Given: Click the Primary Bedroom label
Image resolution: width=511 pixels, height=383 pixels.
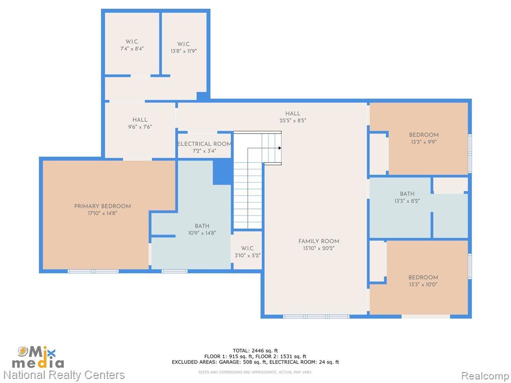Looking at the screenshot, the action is (102, 206).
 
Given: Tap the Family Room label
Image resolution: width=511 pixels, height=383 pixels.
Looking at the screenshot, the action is (319, 241).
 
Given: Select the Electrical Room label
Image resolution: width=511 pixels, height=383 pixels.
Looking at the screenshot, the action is (204, 144).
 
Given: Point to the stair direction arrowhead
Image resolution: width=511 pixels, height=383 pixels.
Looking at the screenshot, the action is (280, 148).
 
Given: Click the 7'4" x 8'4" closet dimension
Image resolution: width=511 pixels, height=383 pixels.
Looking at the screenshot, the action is (132, 49).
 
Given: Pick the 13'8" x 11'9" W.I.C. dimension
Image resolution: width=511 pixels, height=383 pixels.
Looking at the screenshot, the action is (184, 51).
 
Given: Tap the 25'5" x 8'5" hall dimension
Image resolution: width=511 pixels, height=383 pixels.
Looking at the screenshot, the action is (293, 121).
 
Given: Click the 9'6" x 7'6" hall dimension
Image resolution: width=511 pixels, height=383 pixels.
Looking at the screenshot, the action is (140, 127).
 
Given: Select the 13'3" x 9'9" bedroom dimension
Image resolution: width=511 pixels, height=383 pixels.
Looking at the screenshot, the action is (424, 142).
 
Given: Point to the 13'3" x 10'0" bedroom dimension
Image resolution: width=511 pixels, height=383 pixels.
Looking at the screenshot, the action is (423, 284).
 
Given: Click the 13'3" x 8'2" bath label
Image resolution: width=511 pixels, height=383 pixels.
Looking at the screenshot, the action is (407, 197).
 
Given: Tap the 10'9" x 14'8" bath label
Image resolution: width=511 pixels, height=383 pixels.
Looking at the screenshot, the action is (202, 229).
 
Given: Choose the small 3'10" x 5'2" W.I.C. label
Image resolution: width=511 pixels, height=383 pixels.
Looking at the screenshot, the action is (248, 252).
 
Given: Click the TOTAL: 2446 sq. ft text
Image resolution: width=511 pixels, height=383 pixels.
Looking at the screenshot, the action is (255, 351).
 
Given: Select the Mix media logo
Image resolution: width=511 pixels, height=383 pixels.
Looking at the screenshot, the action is (38, 357).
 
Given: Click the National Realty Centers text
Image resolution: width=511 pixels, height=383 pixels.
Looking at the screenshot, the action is (64, 375).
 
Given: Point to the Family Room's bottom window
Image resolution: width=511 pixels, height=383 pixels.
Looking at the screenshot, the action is (316, 317).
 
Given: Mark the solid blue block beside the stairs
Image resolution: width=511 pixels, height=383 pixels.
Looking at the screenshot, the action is (223, 172).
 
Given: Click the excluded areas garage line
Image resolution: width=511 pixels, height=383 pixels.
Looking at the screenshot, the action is (255, 362).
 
